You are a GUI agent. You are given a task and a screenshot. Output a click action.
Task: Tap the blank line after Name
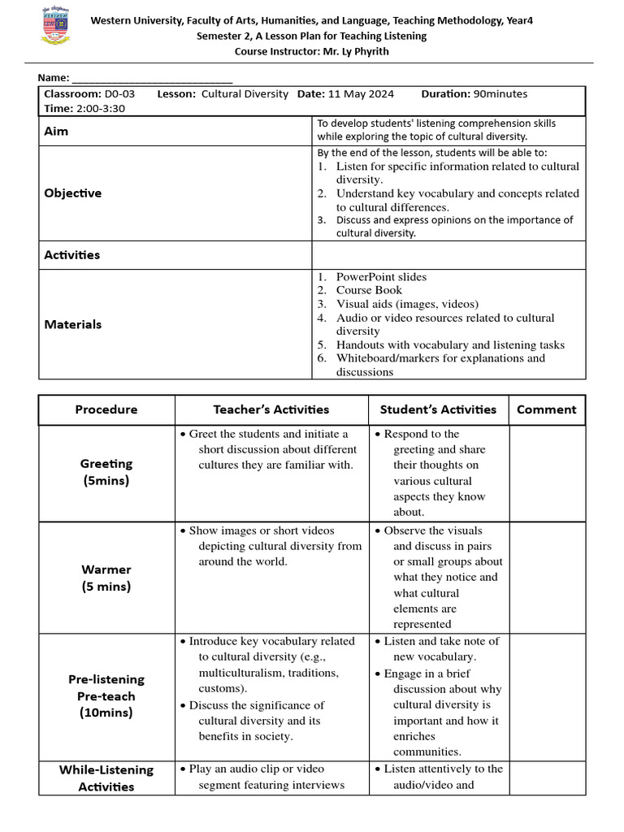[152, 78]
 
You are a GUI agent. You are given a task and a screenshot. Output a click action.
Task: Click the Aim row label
[56, 131]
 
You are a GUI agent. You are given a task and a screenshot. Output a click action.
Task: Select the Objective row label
[73, 193]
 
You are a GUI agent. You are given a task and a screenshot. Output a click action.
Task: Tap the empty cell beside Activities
[448, 255]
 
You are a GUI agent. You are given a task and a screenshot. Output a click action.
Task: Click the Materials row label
[73, 324]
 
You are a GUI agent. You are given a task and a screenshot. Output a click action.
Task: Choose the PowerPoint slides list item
[381, 277]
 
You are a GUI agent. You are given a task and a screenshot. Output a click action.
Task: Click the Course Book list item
[369, 290]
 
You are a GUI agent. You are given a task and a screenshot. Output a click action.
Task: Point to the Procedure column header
[106, 409]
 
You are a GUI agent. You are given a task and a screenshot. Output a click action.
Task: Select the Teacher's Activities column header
[271, 409]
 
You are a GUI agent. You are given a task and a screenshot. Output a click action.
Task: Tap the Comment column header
[546, 409]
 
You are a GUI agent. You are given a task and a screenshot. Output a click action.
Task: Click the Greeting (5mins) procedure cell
[106, 472]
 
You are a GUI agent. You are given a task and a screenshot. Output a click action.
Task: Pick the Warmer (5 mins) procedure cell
[106, 578]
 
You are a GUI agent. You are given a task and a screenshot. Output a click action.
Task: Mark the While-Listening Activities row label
[106, 778]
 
